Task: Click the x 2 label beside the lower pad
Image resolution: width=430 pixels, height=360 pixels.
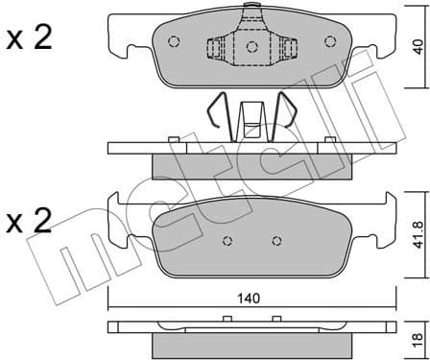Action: pos(30,222)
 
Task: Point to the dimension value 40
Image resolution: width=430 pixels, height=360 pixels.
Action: pos(415,46)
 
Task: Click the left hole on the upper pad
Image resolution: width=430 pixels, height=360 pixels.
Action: pos(174,42)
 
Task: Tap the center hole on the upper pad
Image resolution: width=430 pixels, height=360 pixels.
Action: pos(251,45)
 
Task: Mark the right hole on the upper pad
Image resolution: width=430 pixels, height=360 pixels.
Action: pos(330,42)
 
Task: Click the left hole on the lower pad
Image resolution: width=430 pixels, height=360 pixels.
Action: pos(227,242)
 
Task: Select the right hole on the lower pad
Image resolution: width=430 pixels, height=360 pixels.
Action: pos(276,242)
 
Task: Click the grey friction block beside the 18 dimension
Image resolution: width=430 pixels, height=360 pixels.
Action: pos(252,344)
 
